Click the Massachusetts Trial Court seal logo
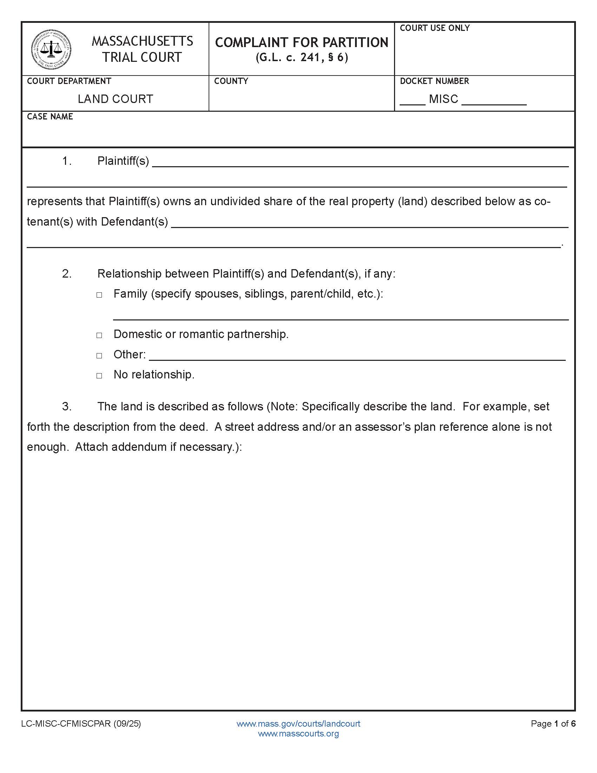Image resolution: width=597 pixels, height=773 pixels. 51,49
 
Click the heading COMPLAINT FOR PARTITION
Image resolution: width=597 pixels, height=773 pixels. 301,43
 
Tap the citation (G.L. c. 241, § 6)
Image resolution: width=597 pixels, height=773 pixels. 302,58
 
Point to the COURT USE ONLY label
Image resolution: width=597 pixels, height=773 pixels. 435,28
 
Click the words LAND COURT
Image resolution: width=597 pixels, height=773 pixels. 115,99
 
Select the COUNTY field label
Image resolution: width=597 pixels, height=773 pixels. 231,81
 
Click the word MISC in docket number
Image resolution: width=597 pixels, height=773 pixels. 444,99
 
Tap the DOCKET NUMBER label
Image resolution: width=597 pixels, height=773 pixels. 434,81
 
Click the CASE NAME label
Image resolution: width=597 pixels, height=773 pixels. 50,117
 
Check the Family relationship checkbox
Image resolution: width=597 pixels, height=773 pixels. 99,295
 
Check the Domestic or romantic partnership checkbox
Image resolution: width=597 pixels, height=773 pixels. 99,335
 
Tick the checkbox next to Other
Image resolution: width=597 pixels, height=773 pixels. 99,355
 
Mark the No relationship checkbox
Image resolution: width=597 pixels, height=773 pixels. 99,376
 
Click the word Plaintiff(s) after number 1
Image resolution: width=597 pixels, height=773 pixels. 123,161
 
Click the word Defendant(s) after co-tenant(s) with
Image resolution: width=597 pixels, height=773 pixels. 135,222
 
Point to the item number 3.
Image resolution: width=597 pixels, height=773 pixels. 66,406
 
